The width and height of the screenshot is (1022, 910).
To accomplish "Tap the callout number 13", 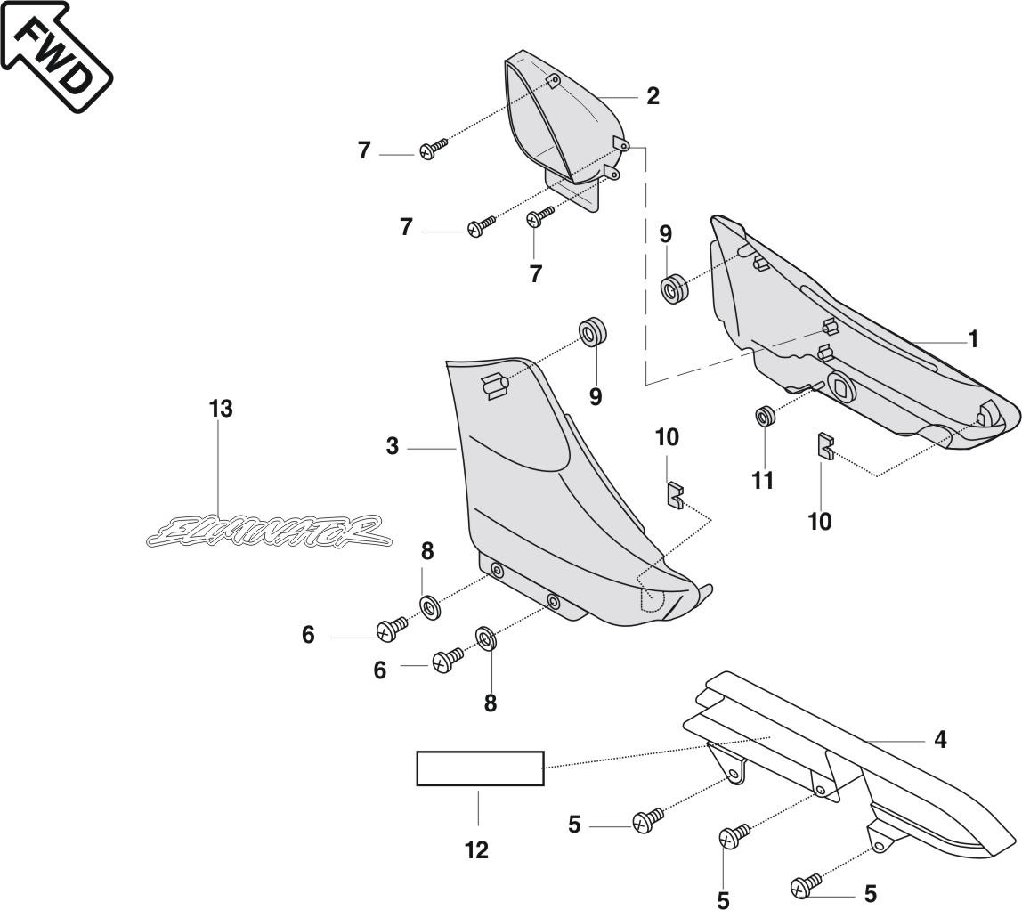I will click(221, 409).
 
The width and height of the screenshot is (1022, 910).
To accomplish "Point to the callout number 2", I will click(653, 96).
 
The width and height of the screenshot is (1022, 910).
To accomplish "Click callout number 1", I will click(973, 339).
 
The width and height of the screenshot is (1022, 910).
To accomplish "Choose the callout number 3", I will click(393, 447).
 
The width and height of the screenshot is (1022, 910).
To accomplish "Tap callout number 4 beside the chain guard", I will click(940, 740).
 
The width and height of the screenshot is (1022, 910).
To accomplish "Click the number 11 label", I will click(763, 481).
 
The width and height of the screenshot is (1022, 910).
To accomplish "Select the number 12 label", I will click(477, 850).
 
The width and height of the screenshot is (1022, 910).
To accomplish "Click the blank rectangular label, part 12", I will click(480, 768).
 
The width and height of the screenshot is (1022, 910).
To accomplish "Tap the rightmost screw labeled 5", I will click(805, 885).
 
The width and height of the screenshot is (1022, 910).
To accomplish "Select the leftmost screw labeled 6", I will click(391, 630).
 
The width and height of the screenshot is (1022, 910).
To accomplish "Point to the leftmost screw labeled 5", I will click(645, 820).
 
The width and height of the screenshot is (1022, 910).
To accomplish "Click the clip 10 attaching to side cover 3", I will click(676, 494).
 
